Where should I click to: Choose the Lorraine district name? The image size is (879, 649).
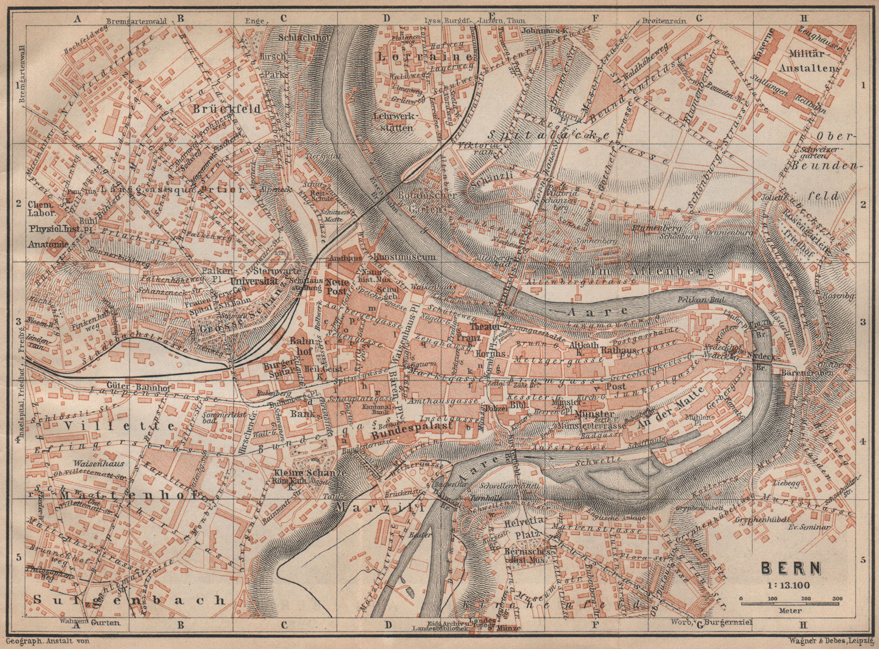pos(425,57)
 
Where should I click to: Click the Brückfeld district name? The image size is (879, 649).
pos(226,109)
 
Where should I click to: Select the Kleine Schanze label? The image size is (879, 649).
pos(310,473)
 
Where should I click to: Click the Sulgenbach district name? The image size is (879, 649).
pos(129,600)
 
